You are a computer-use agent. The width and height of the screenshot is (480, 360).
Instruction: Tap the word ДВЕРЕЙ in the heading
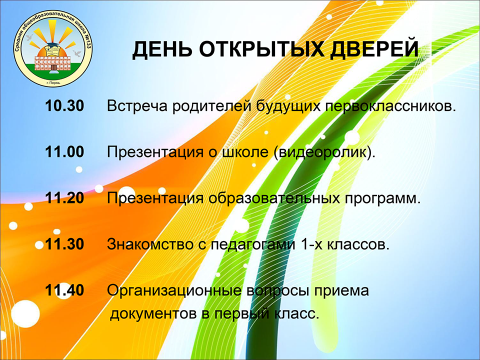click(374, 49)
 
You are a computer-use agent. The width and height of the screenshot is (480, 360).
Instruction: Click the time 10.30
click(64, 106)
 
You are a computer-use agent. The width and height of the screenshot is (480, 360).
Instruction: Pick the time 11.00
click(64, 152)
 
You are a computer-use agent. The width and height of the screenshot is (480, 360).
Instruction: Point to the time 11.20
click(64, 198)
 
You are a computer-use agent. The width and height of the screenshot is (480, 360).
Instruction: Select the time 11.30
click(64, 244)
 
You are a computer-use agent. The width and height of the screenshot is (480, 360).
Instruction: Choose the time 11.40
click(64, 290)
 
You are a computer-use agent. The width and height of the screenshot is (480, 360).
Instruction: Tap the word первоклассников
click(390, 106)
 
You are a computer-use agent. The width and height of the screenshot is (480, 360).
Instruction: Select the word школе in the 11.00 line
click(244, 152)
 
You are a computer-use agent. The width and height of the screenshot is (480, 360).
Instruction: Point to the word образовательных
click(274, 198)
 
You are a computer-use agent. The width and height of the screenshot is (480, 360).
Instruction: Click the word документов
click(153, 314)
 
